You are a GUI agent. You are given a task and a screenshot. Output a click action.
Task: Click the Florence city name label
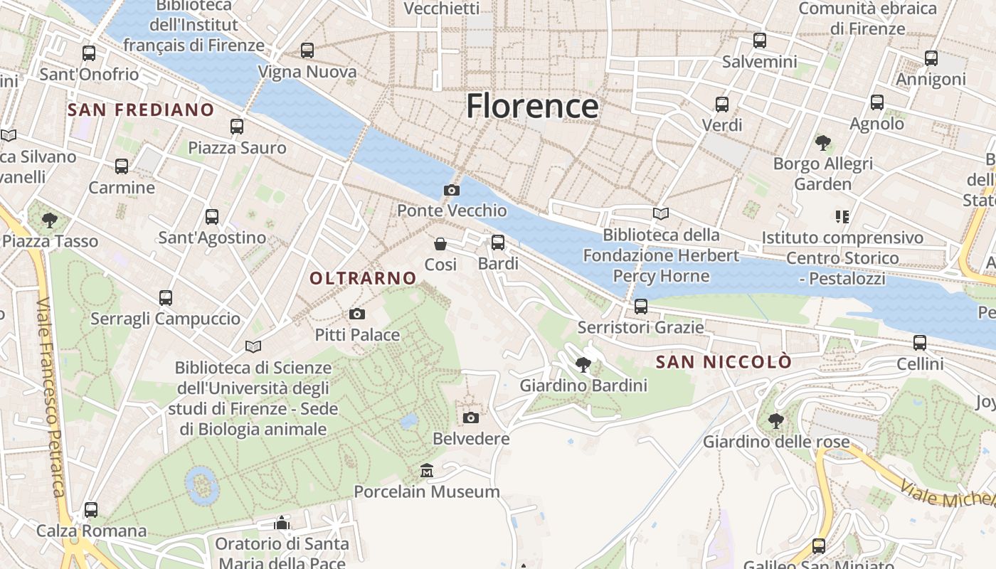click(532, 106)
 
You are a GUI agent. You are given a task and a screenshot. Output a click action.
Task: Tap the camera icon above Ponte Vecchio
click(451, 190)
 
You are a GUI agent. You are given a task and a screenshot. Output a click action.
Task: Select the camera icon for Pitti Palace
click(357, 314)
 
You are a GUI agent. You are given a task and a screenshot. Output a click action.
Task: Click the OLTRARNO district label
click(363, 278)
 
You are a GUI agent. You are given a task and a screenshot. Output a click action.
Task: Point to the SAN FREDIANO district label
click(141, 110)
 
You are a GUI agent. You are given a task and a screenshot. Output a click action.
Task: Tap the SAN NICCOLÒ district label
click(724, 362)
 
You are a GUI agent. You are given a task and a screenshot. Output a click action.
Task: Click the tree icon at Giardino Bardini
click(583, 365)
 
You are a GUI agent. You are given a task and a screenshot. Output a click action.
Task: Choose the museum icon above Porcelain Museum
click(427, 470)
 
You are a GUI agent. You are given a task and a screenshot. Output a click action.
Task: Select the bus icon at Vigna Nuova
click(307, 50)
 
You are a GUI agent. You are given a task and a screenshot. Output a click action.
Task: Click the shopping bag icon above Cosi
click(440, 244)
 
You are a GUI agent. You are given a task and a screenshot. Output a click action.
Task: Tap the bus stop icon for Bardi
click(498, 243)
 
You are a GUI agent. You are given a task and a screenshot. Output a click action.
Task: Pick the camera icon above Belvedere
click(471, 418)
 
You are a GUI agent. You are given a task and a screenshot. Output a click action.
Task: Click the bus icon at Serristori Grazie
click(641, 307)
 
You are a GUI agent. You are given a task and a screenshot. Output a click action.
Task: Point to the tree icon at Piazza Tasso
click(49, 220)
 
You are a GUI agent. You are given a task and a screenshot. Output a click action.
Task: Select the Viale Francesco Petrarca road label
click(51, 398)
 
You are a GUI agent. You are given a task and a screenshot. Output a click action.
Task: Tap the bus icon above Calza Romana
click(91, 510)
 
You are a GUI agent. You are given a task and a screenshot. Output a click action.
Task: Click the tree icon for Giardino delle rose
click(775, 420)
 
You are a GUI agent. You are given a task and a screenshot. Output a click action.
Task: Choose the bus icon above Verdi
click(722, 105)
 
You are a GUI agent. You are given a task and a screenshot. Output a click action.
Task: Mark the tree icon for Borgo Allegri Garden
click(823, 143)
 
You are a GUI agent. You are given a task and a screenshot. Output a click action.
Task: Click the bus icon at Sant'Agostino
click(212, 217)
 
